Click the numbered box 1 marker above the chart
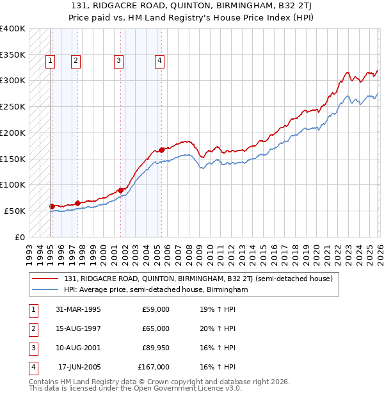[50, 61]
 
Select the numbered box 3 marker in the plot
[119, 61]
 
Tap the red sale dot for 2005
[161, 150]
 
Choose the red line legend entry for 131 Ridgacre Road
[198, 279]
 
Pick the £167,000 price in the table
[154, 368]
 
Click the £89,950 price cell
[154, 348]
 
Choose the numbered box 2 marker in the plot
[76, 61]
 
